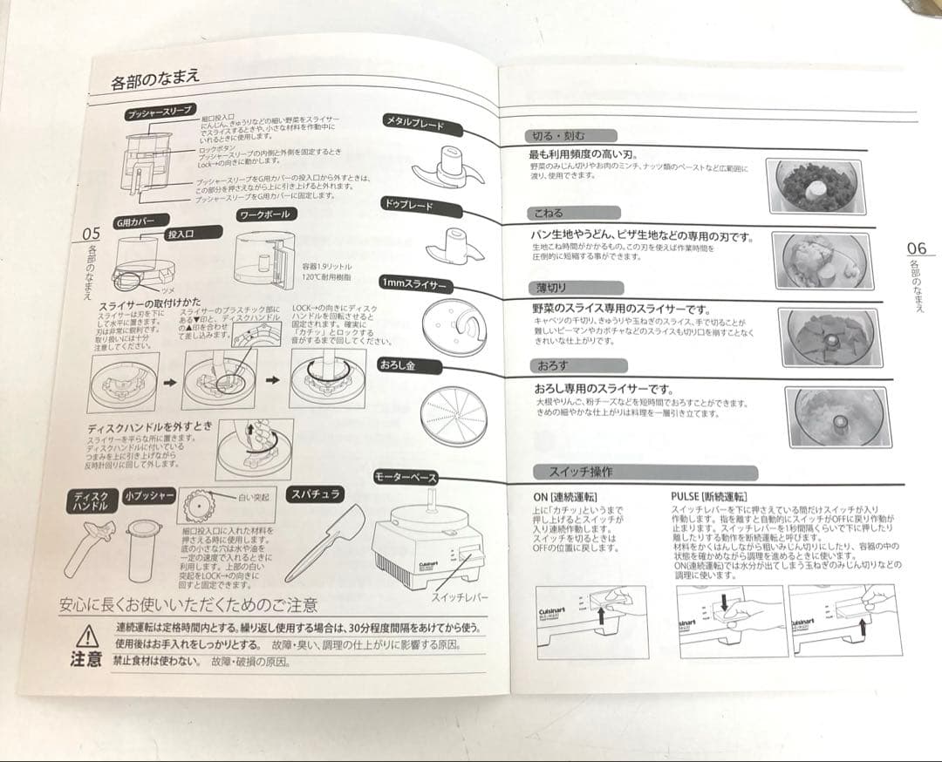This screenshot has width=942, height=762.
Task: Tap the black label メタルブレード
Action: pos(414,124)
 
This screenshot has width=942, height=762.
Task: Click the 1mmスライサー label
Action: pos(413,285)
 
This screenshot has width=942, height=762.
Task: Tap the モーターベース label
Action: pos(405,477)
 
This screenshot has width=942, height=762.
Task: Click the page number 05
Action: pos(92,234)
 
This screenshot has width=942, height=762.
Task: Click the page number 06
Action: pos(916,247)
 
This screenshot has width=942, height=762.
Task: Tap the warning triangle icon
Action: pos(87,636)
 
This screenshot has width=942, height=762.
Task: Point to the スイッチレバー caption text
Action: pos(460,598)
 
